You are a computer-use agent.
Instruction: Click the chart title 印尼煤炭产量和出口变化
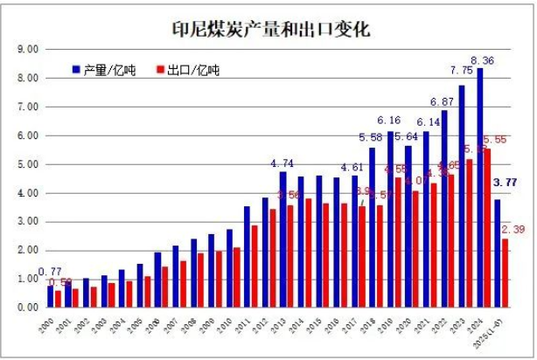tap(270, 29)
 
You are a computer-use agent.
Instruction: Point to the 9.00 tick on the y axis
tap(27, 49)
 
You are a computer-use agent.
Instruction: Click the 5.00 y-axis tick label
tap(27, 164)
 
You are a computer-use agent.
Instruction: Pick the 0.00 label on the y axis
tap(27, 308)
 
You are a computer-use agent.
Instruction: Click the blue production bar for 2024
tap(479, 188)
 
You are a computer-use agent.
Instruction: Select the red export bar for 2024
tap(488, 228)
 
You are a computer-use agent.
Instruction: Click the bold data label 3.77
tap(505, 183)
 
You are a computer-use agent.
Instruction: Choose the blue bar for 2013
tap(282, 239)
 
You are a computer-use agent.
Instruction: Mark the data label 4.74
tap(282, 163)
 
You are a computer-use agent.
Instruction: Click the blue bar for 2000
tap(51, 296)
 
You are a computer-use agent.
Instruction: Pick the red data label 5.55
tap(495, 139)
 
